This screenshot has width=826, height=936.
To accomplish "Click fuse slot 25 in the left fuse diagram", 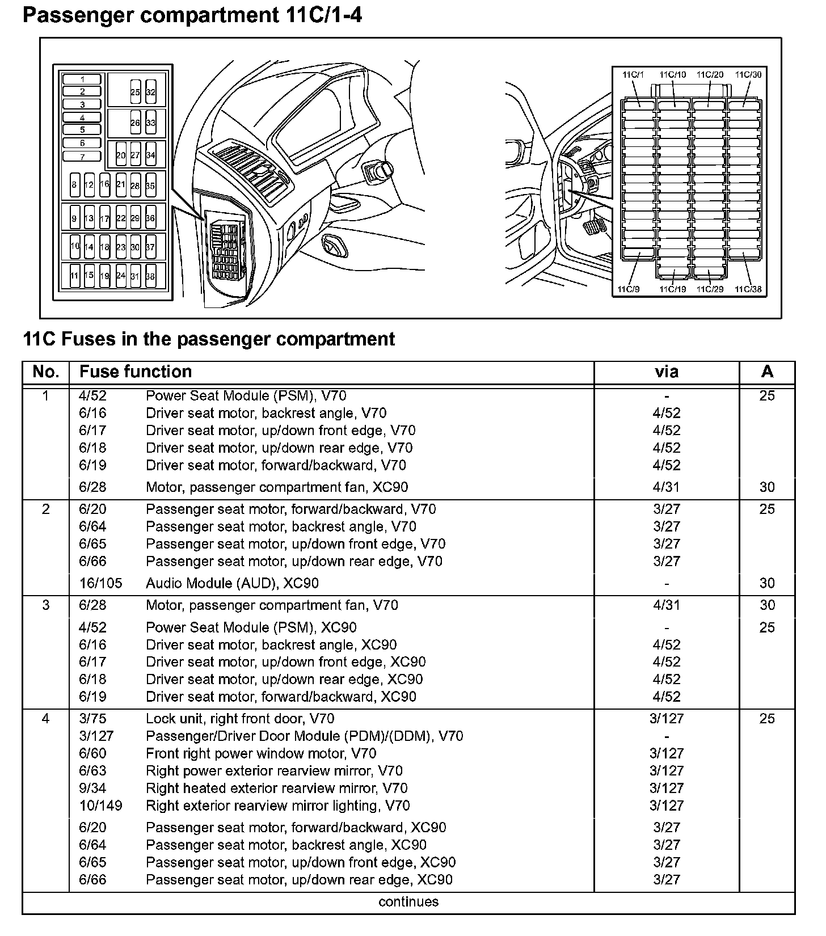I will pyautogui.click(x=135, y=92).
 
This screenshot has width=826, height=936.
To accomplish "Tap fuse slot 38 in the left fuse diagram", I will pyautogui.click(x=150, y=276).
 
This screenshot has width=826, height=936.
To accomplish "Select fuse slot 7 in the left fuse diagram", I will pyautogui.click(x=82, y=157).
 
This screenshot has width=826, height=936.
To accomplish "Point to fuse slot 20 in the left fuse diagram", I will pyautogui.click(x=121, y=154).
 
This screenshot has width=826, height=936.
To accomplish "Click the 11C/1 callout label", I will pyautogui.click(x=633, y=74).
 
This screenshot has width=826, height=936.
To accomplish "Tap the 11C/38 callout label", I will pyautogui.click(x=748, y=289).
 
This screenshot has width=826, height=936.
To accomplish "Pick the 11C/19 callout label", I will pyautogui.click(x=673, y=289).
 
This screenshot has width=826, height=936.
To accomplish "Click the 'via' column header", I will pyautogui.click(x=666, y=372).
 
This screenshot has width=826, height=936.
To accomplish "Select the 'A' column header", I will pyautogui.click(x=767, y=372).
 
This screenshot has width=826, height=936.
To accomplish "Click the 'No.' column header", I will pyautogui.click(x=46, y=372).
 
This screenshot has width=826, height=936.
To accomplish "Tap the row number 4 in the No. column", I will pyautogui.click(x=46, y=719).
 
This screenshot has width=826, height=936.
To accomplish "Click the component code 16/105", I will pyautogui.click(x=100, y=583).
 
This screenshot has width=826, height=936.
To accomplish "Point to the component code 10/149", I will pyautogui.click(x=100, y=806).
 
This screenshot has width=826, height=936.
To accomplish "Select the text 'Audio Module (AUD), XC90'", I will pyautogui.click(x=232, y=583).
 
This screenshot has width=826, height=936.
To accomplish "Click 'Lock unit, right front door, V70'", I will pyautogui.click(x=240, y=719).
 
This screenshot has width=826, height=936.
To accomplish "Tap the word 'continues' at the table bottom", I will pyautogui.click(x=408, y=901).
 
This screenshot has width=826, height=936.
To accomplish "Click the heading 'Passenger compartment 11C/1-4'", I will pyautogui.click(x=192, y=15).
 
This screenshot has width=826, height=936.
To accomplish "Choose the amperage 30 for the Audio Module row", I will pyautogui.click(x=767, y=583).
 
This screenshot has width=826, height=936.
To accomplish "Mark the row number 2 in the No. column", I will pyautogui.click(x=46, y=509).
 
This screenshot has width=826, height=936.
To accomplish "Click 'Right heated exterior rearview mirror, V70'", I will pyautogui.click(x=276, y=788).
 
